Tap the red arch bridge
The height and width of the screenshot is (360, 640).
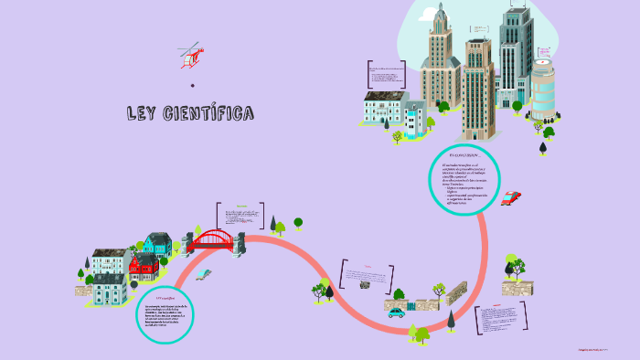tap(212, 240)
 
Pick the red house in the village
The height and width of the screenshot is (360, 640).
tap(143, 266)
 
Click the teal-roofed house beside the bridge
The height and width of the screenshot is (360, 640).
tap(157, 244)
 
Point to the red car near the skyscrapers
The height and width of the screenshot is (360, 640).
tap(511, 196)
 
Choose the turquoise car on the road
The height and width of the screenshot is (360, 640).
tap(396, 312)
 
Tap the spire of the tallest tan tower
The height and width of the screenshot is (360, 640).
tap(441, 11)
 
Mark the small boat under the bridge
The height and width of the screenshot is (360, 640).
tap(203, 273)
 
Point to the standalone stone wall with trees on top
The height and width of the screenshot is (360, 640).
tap(517, 287)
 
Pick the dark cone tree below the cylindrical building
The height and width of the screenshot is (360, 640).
tap(543, 146)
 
